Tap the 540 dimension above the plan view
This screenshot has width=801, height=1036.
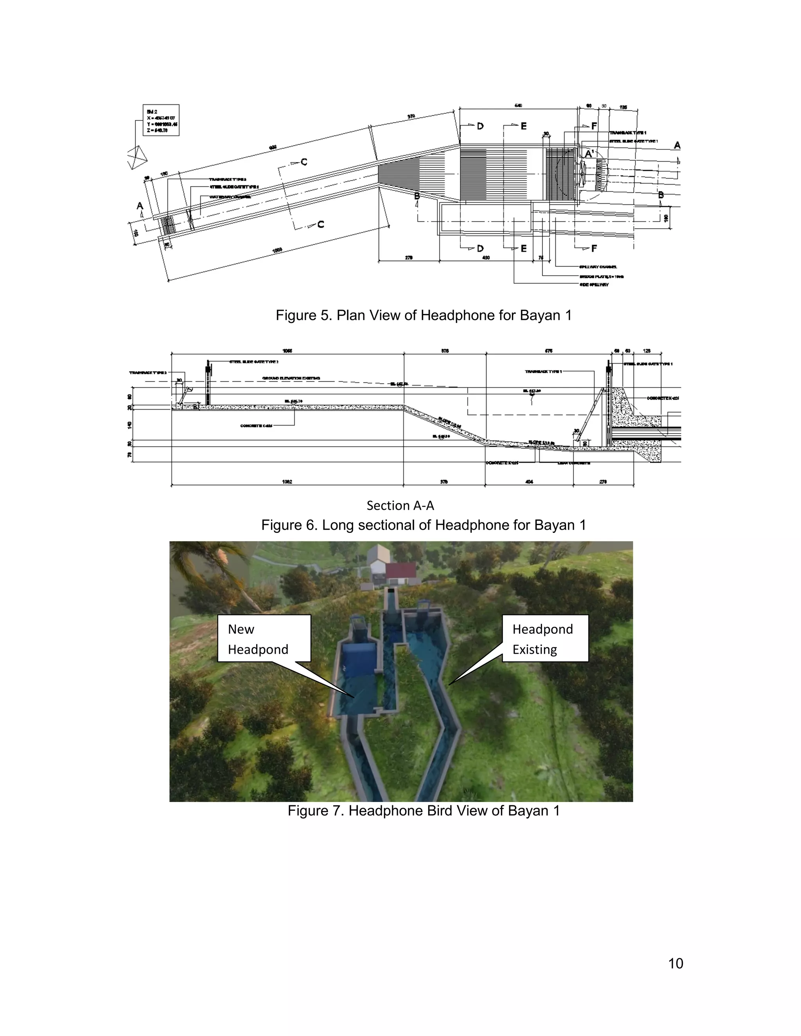(518, 105)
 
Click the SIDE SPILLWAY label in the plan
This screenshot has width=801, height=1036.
(594, 285)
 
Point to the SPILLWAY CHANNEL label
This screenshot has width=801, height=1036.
(598, 267)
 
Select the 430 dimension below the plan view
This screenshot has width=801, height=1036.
(485, 258)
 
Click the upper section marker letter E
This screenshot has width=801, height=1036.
(523, 126)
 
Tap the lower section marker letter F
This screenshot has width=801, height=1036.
(594, 249)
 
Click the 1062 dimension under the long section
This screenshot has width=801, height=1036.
(287, 482)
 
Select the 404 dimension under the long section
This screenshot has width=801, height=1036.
(529, 482)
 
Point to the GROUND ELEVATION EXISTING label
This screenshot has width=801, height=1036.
(291, 378)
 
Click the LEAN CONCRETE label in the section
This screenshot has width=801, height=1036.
(574, 463)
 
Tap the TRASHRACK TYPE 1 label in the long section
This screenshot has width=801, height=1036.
(543, 371)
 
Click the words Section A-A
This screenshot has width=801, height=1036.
(400, 505)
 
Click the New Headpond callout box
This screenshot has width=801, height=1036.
(264, 638)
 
